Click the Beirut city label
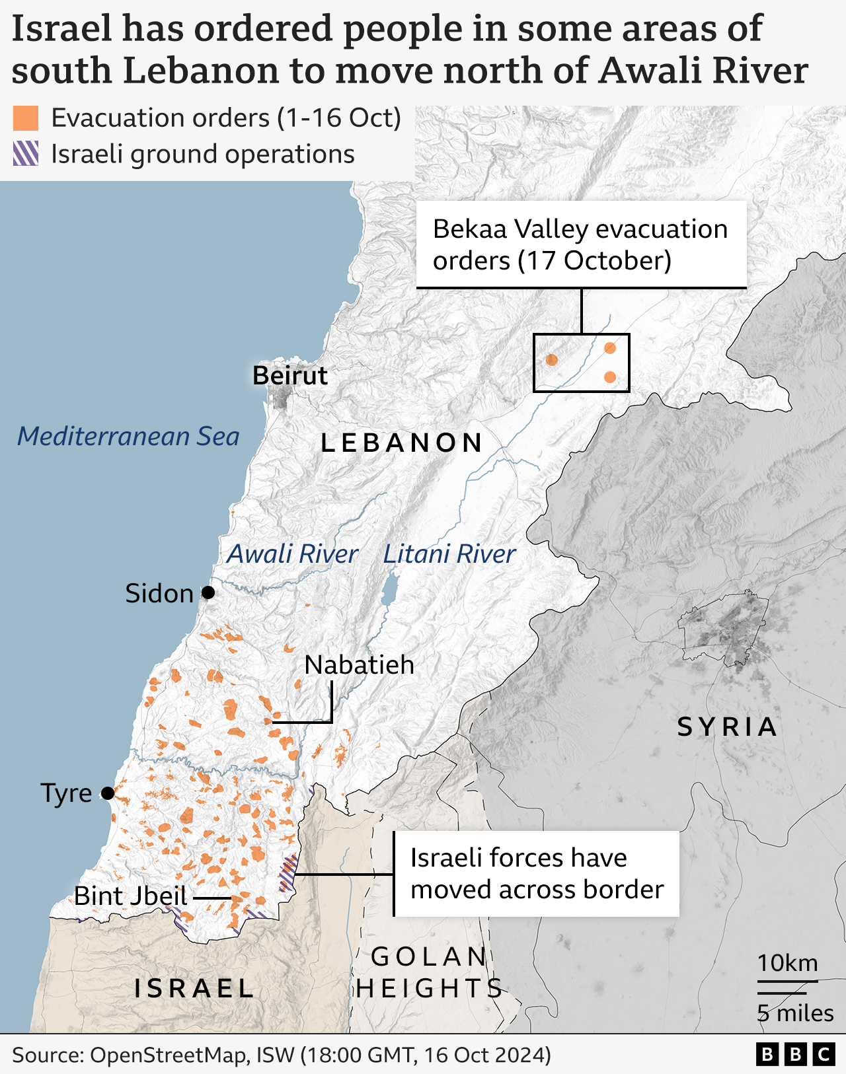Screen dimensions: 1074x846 click(x=290, y=375)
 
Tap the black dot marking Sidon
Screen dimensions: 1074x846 click(x=208, y=592)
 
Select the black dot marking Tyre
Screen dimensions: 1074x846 click(x=107, y=793)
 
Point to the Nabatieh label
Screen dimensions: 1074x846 click(x=359, y=664)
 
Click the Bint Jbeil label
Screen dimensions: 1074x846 click(x=131, y=896)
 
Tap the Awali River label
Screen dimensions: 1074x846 click(x=292, y=554)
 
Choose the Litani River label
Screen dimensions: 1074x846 click(x=449, y=554)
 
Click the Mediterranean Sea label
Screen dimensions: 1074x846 click(x=128, y=436)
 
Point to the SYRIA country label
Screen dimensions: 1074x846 click(x=728, y=727)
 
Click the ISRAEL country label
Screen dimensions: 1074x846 click(x=194, y=989)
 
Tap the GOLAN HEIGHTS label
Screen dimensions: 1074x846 click(x=429, y=972)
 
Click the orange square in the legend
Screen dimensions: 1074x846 click(x=26, y=118)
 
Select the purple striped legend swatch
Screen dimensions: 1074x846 click(x=26, y=154)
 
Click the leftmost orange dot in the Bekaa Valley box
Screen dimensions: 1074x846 click(x=552, y=360)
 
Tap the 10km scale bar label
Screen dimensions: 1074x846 click(x=787, y=963)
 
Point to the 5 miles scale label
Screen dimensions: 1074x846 click(x=795, y=1013)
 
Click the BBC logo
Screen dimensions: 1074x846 click(x=795, y=1054)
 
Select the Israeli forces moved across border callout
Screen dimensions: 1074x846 click(x=537, y=873)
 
